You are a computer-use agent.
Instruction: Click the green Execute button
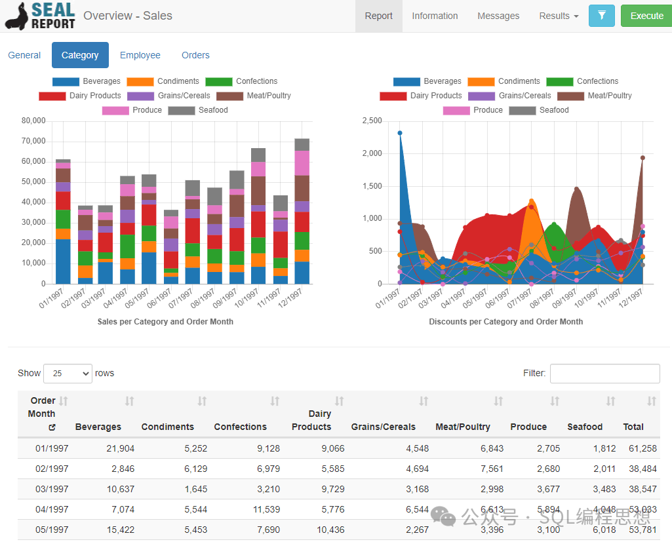click(646, 16)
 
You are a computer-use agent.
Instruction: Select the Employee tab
click(140, 55)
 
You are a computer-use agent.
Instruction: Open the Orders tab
click(195, 55)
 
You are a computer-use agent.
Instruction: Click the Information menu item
click(435, 16)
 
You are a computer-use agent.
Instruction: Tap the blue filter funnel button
click(602, 16)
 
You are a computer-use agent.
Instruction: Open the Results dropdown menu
click(559, 16)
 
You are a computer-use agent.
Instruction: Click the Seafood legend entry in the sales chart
click(199, 110)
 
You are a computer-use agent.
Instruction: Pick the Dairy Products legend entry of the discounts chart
click(422, 96)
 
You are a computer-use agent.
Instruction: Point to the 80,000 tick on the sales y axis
click(33, 121)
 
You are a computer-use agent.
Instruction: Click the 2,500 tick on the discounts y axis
click(372, 121)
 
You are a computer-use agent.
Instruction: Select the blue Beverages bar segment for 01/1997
click(63, 262)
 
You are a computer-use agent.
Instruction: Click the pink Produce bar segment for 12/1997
click(302, 163)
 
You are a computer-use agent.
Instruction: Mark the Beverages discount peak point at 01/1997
click(400, 133)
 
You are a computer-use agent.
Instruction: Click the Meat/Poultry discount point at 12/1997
click(642, 158)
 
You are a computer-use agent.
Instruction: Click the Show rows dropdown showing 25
click(68, 374)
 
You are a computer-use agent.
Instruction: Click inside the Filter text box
click(604, 374)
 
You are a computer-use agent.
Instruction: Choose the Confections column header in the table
click(241, 427)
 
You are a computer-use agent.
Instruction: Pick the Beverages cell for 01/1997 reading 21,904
click(121, 448)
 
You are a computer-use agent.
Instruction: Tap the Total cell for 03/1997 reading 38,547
click(642, 489)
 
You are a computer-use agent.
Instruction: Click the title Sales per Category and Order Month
click(165, 322)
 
